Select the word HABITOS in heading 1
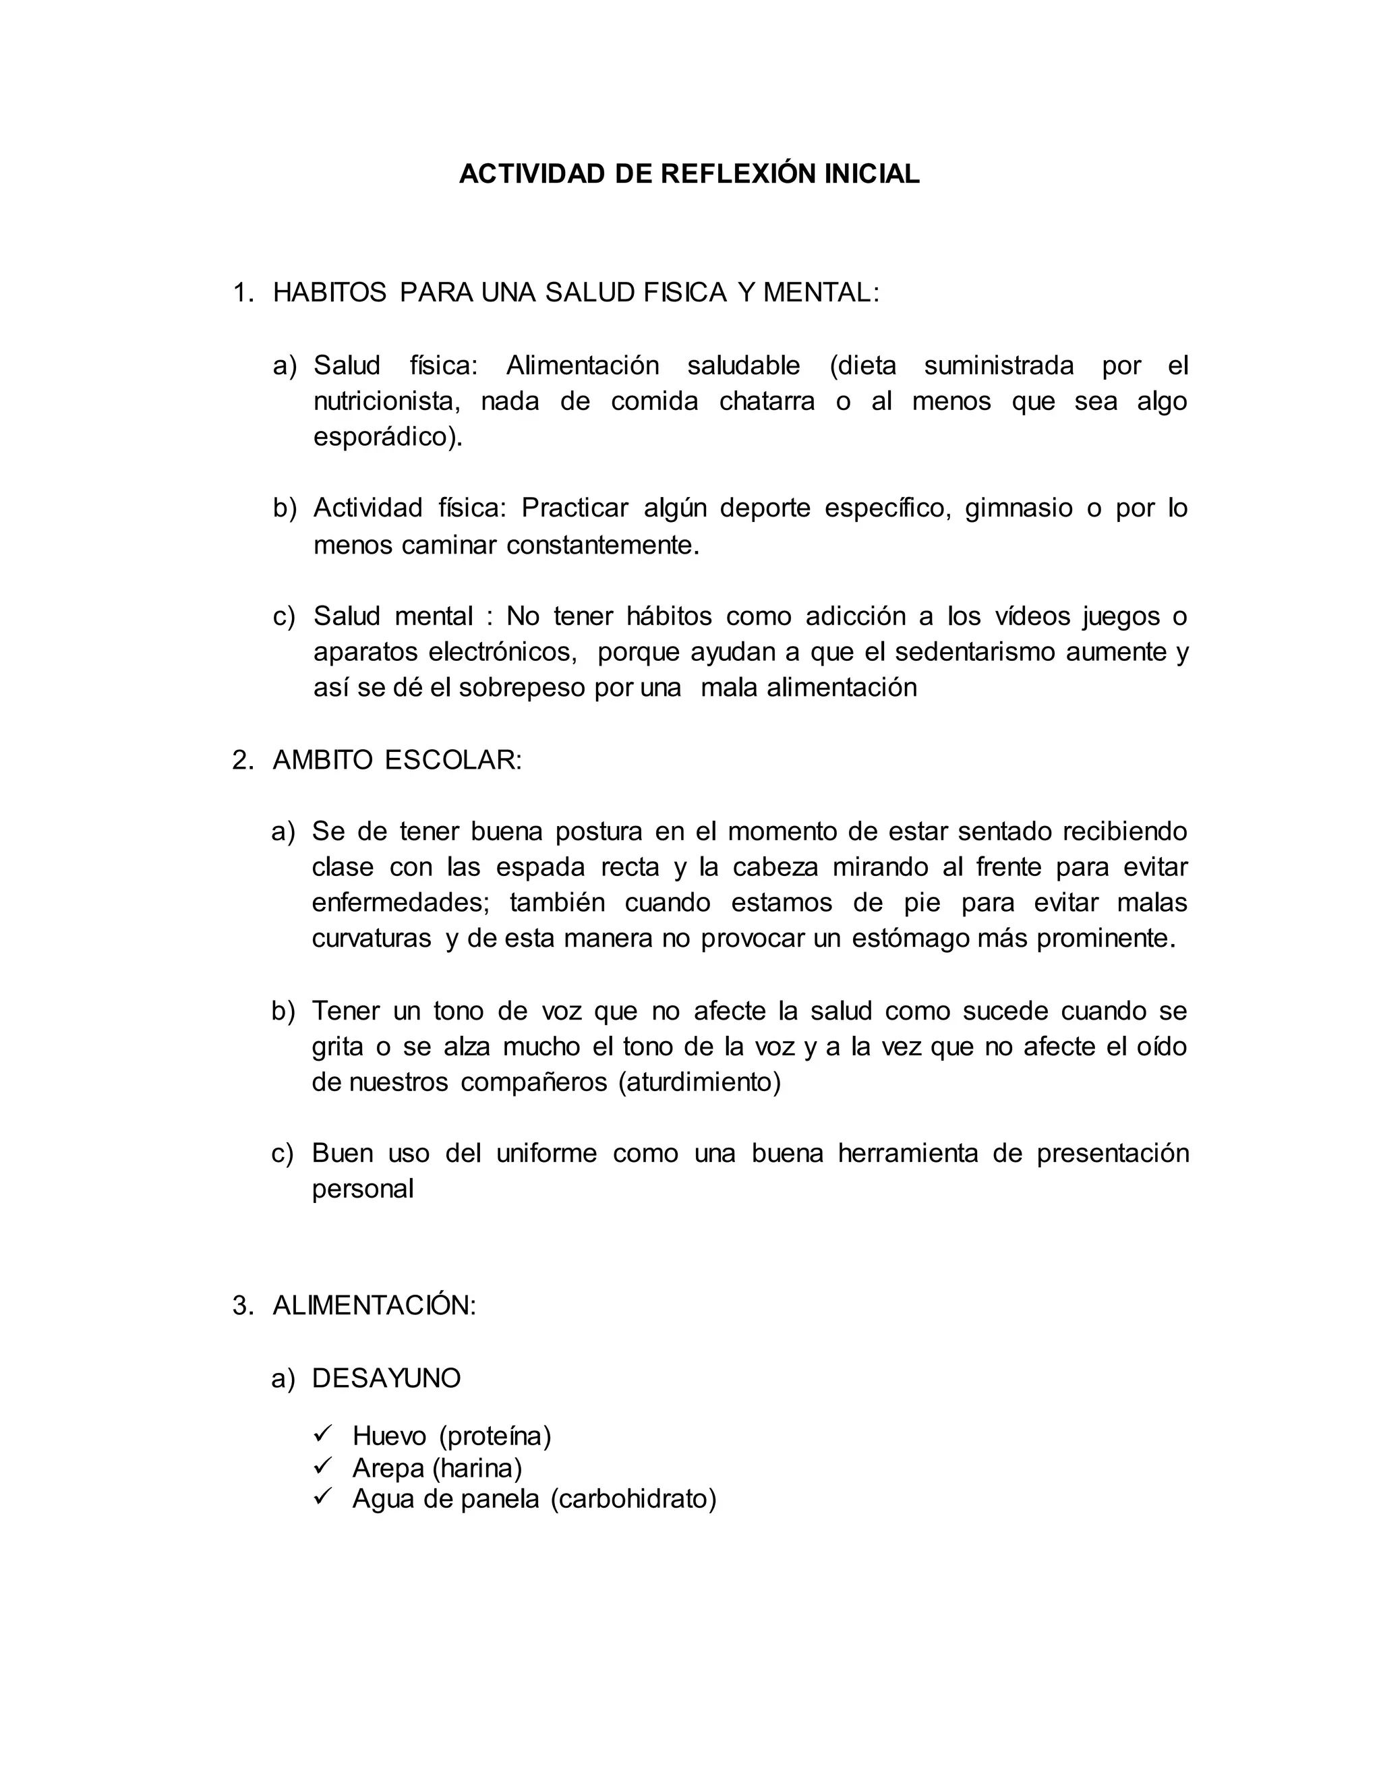click(x=330, y=292)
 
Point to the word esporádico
click(x=384, y=438)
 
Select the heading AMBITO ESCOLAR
click(x=396, y=760)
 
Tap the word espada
click(x=541, y=867)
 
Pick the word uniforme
click(x=546, y=1153)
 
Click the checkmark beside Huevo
click(x=322, y=1434)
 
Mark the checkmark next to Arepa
click(x=322, y=1465)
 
